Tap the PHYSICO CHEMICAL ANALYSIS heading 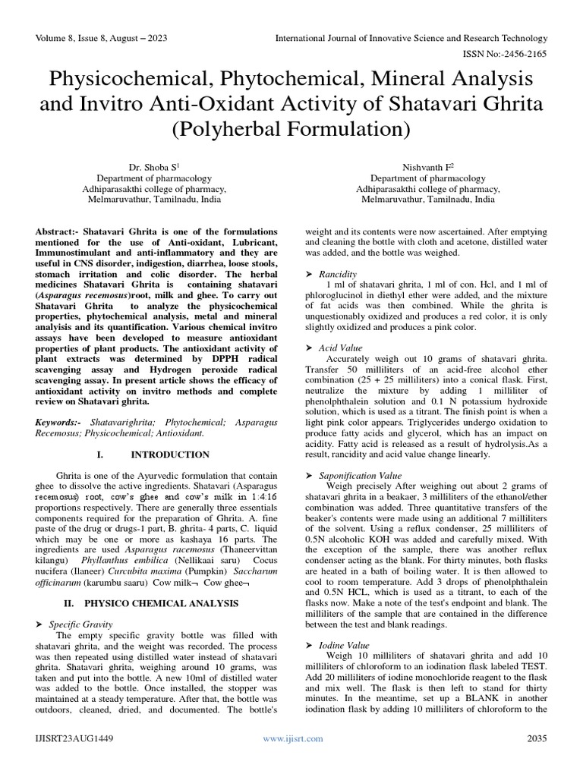(x=163, y=603)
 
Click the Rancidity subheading (x=338, y=273)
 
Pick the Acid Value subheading (x=341, y=348)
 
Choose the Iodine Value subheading (x=344, y=644)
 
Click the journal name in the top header (x=411, y=38)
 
